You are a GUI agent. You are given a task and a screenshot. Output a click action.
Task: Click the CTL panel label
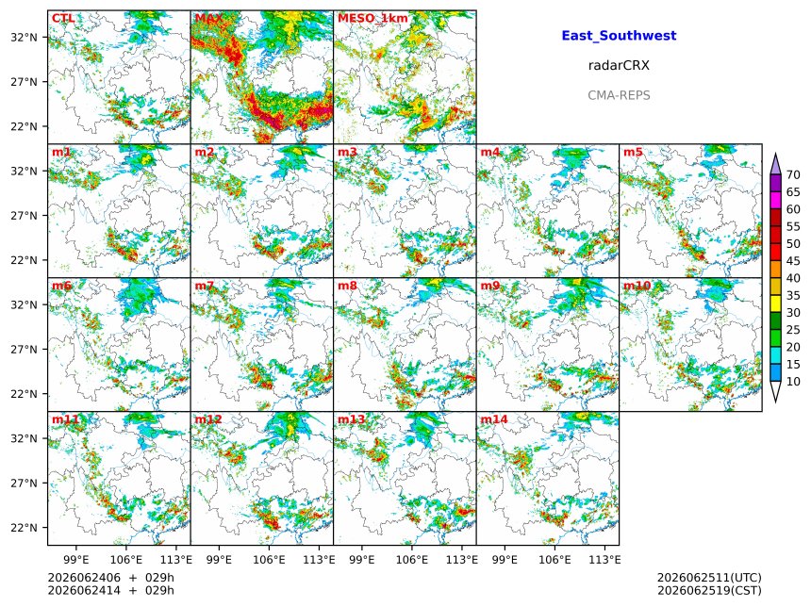(x=63, y=18)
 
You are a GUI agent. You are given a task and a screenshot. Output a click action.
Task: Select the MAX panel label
(x=208, y=18)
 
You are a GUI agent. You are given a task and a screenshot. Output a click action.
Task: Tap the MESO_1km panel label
(x=372, y=18)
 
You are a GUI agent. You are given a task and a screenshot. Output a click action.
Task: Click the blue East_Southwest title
(x=619, y=36)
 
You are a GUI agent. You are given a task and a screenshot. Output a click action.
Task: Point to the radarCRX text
(x=619, y=65)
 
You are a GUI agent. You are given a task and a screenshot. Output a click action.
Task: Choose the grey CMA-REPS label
(x=619, y=95)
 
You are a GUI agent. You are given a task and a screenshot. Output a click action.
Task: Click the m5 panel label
(x=633, y=152)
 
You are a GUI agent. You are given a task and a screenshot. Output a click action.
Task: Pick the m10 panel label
(x=637, y=286)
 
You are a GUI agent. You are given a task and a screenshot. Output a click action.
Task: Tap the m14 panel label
(x=494, y=419)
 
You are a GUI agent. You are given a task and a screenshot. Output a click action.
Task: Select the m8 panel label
(x=348, y=286)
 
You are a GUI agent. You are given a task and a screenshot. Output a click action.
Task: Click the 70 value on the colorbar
(x=793, y=174)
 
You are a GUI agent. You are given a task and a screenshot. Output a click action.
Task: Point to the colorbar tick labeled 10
(x=793, y=382)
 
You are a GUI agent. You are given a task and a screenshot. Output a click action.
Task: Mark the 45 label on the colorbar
(x=793, y=261)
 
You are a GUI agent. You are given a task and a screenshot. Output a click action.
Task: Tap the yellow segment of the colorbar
(x=775, y=304)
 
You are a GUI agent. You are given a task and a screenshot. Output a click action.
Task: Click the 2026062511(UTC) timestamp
(x=709, y=578)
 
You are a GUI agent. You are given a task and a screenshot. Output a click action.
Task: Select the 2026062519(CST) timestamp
(x=709, y=590)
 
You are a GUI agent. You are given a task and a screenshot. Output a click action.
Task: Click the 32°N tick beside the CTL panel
(x=24, y=37)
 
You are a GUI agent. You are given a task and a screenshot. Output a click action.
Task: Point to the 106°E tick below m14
(x=555, y=560)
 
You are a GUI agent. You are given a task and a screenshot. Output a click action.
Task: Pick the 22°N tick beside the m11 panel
(x=24, y=528)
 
